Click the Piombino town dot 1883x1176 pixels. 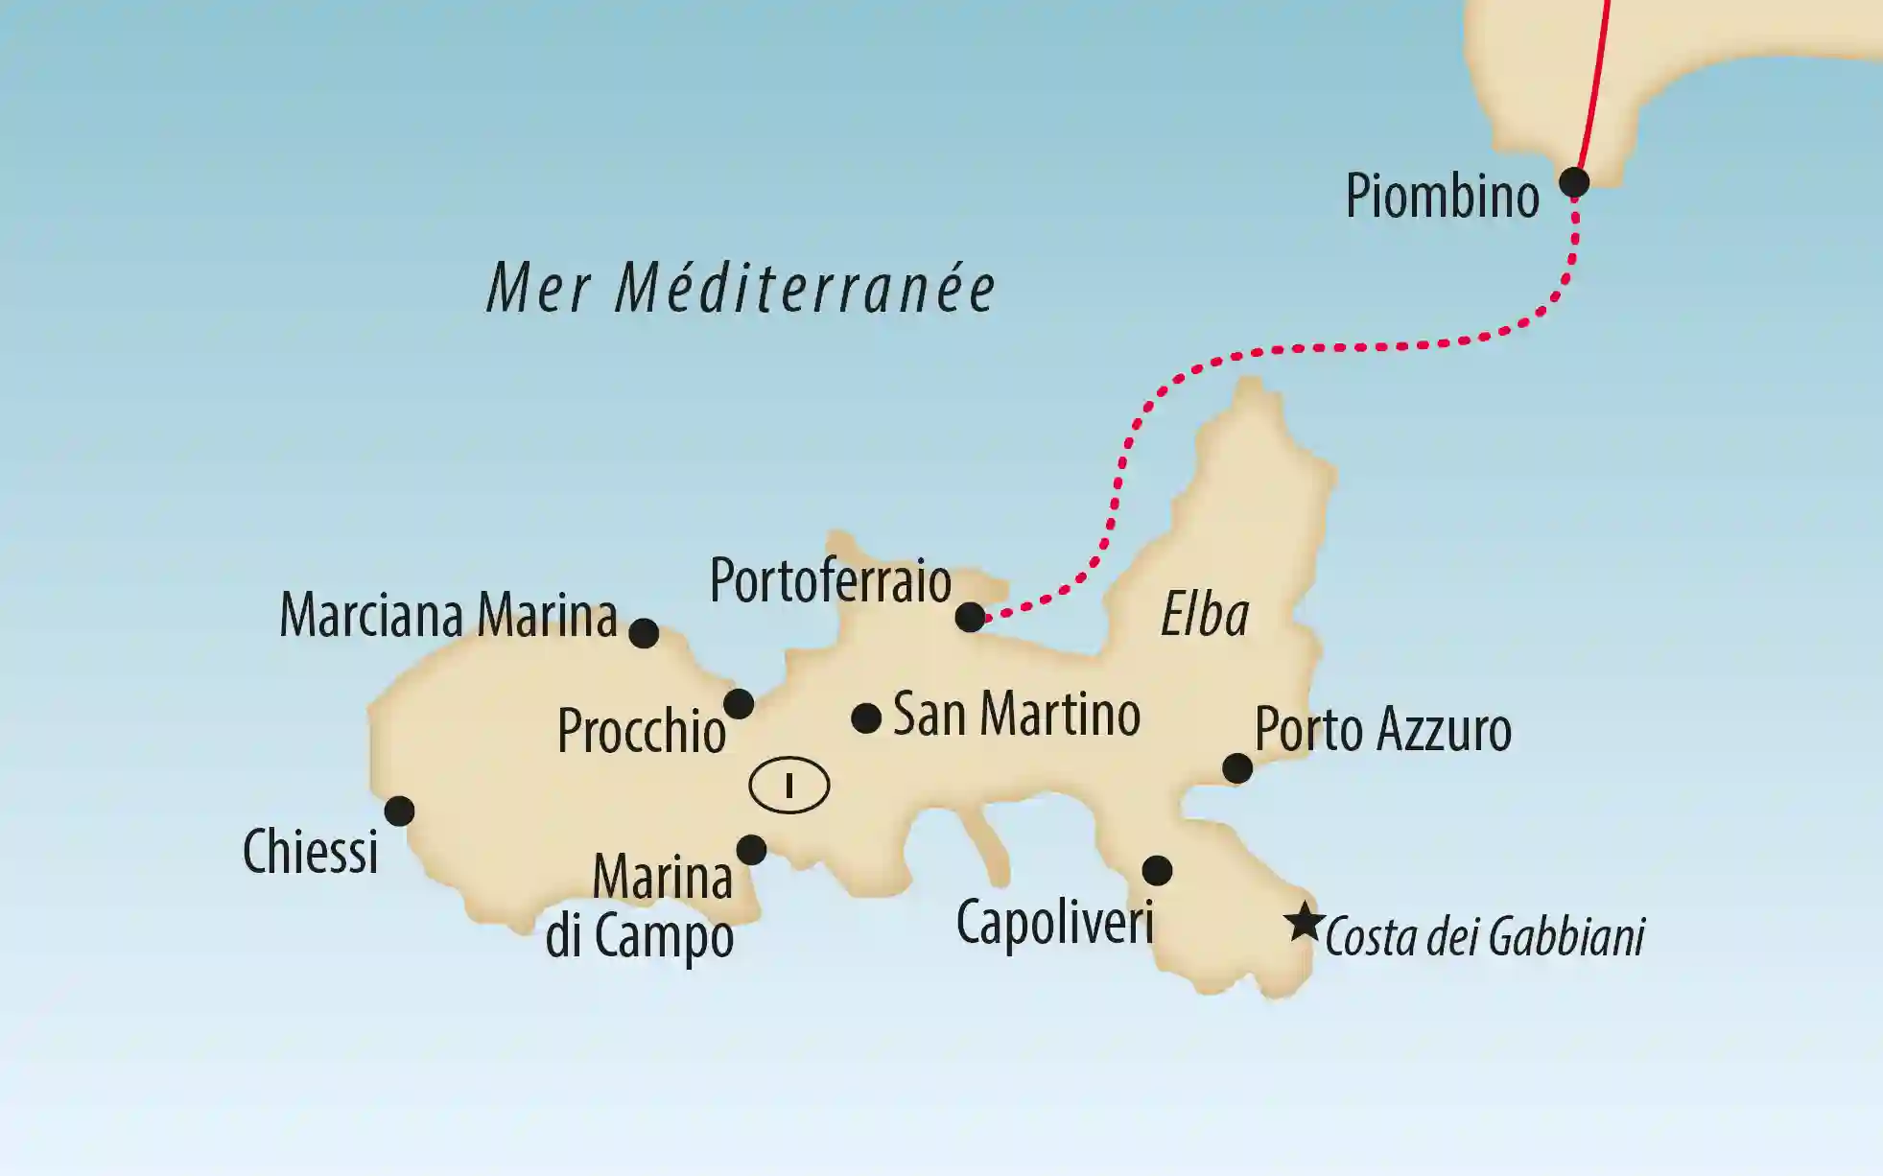[x=1573, y=181]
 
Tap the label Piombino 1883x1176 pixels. [x=1442, y=197]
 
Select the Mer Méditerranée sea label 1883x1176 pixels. [x=741, y=289]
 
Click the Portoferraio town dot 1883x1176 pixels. [x=970, y=617]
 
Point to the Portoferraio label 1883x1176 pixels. [x=830, y=581]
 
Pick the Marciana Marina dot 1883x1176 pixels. [x=644, y=633]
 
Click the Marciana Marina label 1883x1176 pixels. [x=448, y=616]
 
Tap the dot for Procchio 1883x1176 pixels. [x=738, y=704]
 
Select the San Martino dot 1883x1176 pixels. [x=866, y=717]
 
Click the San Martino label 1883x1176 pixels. [x=1017, y=715]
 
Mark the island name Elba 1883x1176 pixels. [x=1205, y=615]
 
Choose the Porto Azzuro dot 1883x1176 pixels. [x=1237, y=768]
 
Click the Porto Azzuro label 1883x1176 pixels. [x=1382, y=730]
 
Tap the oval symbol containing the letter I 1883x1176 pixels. [x=789, y=786]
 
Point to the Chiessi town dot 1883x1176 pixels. [x=399, y=811]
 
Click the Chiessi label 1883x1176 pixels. [x=310, y=852]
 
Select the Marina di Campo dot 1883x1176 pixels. [x=751, y=849]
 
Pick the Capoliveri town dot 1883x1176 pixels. [x=1157, y=870]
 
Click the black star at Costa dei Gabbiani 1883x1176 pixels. [x=1304, y=922]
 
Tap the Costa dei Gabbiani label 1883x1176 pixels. [x=1485, y=937]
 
